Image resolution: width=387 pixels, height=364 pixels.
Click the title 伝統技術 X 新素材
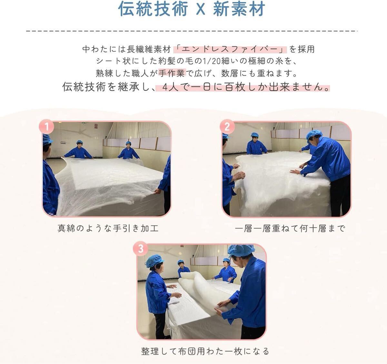(192, 9)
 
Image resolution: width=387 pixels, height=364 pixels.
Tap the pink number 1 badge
(46, 127)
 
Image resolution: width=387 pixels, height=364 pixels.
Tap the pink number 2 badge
(227, 127)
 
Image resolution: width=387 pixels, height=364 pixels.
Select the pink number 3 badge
(141, 249)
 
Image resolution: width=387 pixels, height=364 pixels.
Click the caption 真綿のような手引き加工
(108, 228)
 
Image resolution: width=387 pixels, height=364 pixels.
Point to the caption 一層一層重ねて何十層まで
(290, 228)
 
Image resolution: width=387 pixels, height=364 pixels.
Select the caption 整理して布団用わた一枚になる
(205, 351)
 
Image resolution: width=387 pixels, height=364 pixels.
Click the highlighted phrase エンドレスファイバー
(230, 49)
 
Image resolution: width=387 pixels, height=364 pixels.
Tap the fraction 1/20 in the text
(212, 61)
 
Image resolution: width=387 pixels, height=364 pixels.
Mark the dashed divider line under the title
(192, 31)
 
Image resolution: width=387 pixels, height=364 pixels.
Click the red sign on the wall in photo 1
(96, 126)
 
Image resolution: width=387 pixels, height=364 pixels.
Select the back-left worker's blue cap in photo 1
(80, 142)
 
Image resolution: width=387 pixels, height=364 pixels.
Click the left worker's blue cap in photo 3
(155, 261)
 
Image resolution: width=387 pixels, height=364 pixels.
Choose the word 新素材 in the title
(239, 9)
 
